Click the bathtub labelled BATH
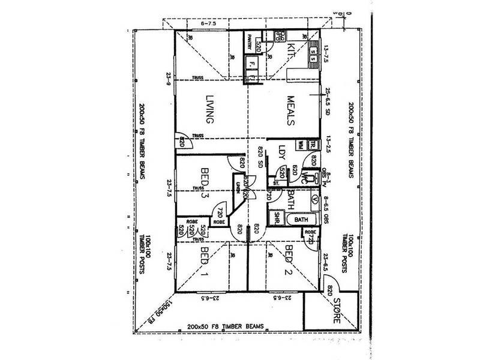tap(301, 220)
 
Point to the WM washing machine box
tap(301, 144)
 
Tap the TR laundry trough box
tap(313, 144)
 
